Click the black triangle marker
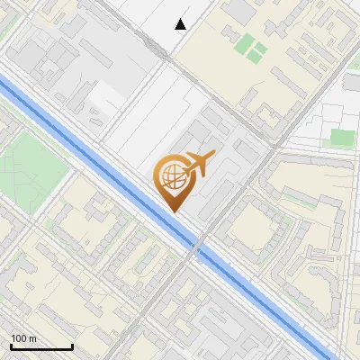pos(181,24)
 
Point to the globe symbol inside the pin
pos(171,177)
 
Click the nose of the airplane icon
pos(212,157)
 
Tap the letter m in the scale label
pos(33,338)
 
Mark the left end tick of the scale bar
pos(11,346)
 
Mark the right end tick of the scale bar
pos(72,346)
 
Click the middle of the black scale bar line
pos(41,347)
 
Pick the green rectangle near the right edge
pos(343,138)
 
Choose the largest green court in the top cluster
pos(245,42)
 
